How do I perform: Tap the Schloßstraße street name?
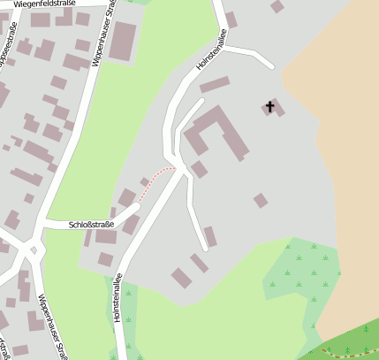[x=92, y=225]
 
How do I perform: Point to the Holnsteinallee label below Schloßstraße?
[x=118, y=296]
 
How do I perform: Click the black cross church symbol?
[x=269, y=108]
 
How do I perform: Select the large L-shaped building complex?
[x=216, y=131]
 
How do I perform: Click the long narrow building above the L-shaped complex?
[x=215, y=85]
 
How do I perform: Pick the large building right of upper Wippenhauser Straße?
[x=122, y=41]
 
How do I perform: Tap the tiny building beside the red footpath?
[x=144, y=182]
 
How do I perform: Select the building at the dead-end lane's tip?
[x=210, y=236]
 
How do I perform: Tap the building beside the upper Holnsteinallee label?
[x=231, y=19]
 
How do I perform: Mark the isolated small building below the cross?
[x=260, y=200]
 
